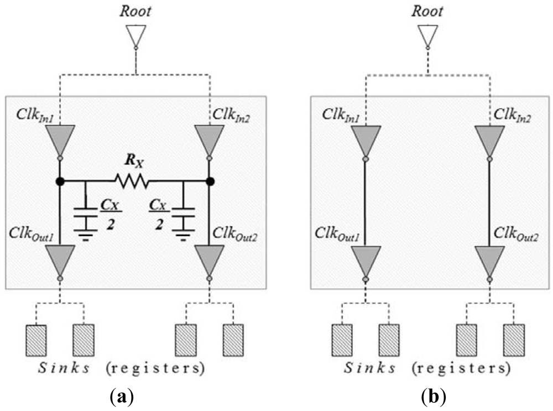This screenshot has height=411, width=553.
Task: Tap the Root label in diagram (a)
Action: (136, 11)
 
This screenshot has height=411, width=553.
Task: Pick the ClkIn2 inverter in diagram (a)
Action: (209, 139)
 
